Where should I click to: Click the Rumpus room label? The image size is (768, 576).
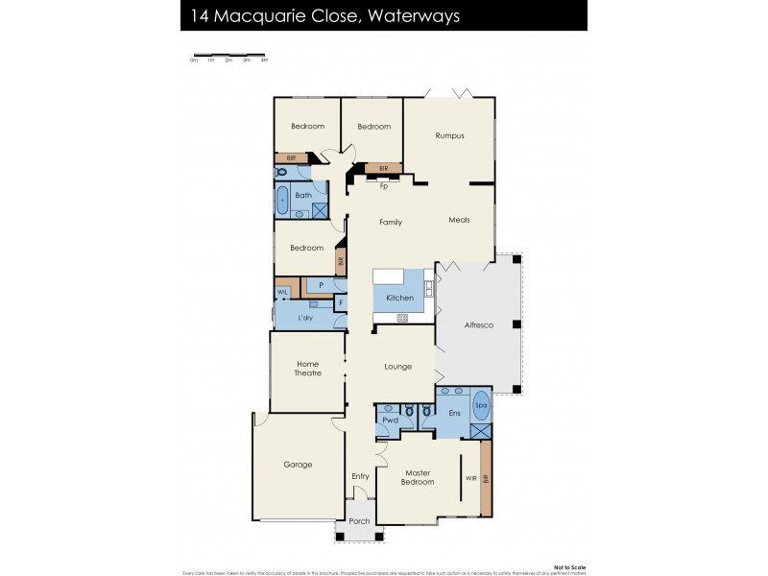(449, 135)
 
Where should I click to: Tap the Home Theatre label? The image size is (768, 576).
(307, 368)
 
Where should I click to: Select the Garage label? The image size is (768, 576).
(298, 465)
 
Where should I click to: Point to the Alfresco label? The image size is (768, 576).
(478, 325)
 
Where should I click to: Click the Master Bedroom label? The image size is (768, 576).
(419, 477)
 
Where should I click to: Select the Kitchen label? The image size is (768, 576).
(399, 299)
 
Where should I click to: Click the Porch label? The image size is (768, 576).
(359, 521)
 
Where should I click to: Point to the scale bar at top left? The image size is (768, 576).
(230, 55)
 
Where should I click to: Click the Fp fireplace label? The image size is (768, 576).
(383, 186)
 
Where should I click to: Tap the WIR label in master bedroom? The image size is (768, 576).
(470, 477)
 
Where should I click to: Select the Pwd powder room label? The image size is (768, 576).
(390, 420)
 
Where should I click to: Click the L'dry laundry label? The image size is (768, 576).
(305, 318)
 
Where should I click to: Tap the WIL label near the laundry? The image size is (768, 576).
(283, 292)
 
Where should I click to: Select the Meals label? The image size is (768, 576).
(459, 220)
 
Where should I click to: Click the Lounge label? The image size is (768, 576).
(397, 366)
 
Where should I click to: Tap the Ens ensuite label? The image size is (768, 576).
(455, 413)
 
